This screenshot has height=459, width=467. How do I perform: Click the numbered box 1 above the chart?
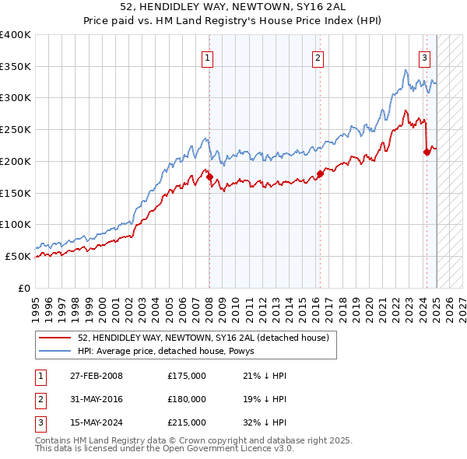tap(209, 57)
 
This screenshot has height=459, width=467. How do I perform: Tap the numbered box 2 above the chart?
tap(319, 57)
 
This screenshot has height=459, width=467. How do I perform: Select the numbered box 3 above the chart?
tap(425, 57)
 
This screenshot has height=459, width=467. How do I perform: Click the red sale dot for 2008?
tap(209, 177)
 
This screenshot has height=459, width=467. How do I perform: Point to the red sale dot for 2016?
tap(320, 173)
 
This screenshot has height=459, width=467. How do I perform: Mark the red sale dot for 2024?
tap(427, 152)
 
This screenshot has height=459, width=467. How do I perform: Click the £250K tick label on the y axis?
tap(16, 129)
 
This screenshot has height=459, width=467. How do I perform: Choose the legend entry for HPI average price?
tap(171, 352)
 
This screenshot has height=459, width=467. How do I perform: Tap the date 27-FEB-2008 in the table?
tap(97, 376)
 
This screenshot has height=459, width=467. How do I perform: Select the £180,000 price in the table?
tap(187, 399)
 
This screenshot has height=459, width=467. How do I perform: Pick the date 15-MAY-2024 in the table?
tap(97, 422)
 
